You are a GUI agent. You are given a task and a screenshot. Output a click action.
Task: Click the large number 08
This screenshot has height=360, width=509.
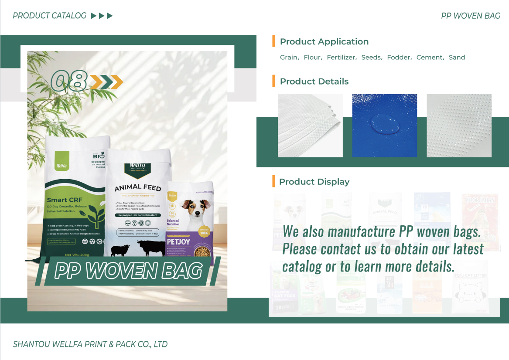click(x=68, y=81)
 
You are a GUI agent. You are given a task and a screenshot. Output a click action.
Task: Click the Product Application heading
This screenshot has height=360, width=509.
click(x=324, y=42)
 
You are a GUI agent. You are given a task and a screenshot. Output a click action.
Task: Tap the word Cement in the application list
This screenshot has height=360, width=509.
click(x=430, y=58)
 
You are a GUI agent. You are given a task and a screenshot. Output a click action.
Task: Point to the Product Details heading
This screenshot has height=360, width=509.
click(x=314, y=82)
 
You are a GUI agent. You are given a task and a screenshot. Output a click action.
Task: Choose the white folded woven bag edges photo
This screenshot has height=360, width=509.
click(x=310, y=126)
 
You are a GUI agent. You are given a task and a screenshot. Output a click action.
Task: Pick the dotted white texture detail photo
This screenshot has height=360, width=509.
click(x=459, y=126)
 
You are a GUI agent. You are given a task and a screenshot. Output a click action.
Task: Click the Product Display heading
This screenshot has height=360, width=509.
click(x=314, y=182)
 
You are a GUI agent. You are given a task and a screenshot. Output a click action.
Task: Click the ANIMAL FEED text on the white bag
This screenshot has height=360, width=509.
click(x=138, y=188)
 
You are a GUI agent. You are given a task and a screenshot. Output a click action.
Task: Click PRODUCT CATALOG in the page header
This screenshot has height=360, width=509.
click(x=50, y=16)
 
